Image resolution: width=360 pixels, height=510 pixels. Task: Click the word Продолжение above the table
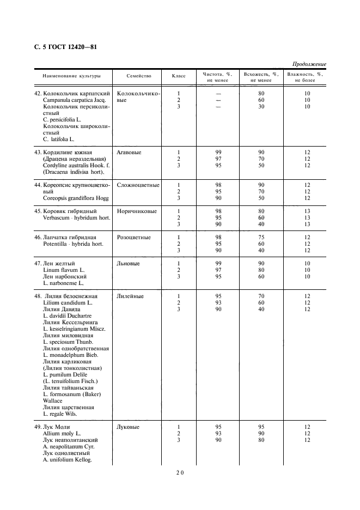coord(309,64)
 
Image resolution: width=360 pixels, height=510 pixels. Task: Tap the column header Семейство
coord(139,76)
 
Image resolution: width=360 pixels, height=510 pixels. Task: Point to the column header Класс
coord(179,76)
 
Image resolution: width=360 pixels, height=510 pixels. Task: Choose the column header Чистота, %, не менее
coord(218,77)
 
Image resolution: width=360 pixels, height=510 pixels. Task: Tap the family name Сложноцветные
coord(138,185)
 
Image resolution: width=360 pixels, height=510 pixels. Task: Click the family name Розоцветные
coord(134,238)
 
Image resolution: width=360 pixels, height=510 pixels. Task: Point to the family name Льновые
coord(128,264)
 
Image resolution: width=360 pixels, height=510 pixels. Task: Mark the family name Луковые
coord(129,427)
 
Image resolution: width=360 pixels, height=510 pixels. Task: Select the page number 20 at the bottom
coord(180,473)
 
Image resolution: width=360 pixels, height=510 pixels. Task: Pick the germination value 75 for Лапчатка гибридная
coord(261,238)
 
